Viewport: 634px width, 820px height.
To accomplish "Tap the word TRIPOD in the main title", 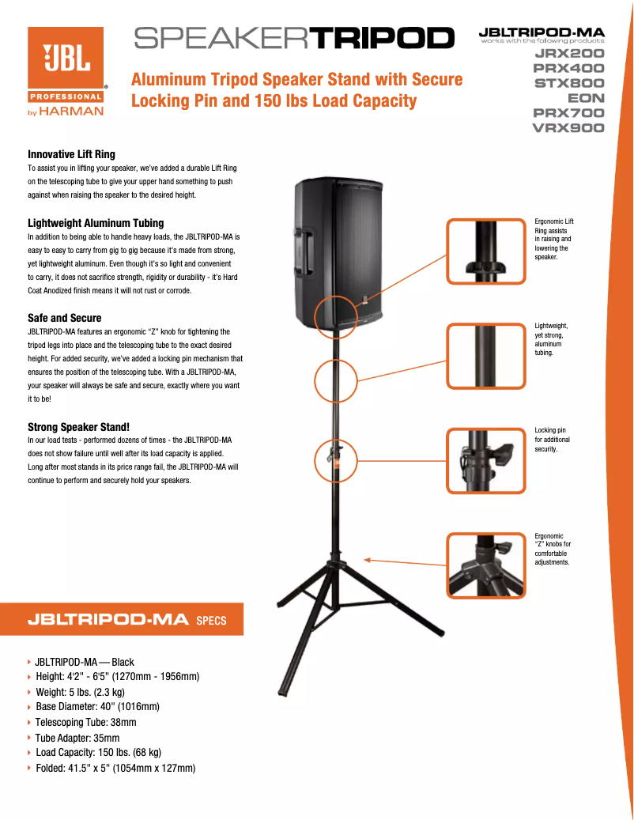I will tap(384, 37).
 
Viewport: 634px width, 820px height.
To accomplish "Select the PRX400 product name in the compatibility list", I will tap(568, 69).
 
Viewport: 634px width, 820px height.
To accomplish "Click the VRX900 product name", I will tap(568, 128).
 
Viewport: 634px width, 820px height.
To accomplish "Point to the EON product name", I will tap(585, 99).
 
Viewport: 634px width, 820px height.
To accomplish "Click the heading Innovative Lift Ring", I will tap(71, 154).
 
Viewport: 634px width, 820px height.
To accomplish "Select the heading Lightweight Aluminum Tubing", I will tap(96, 223).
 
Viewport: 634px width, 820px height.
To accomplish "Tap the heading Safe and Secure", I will tap(64, 318).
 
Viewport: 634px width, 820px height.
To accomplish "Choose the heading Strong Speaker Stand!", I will tap(78, 427).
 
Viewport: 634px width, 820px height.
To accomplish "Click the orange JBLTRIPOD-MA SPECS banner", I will tap(126, 619).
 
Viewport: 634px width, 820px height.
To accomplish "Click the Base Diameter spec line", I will tap(97, 707).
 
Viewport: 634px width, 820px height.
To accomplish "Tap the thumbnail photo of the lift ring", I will tap(487, 251).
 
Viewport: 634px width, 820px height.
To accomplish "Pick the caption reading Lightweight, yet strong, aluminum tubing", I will tap(551, 339).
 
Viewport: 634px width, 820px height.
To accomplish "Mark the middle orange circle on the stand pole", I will tap(337, 382).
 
